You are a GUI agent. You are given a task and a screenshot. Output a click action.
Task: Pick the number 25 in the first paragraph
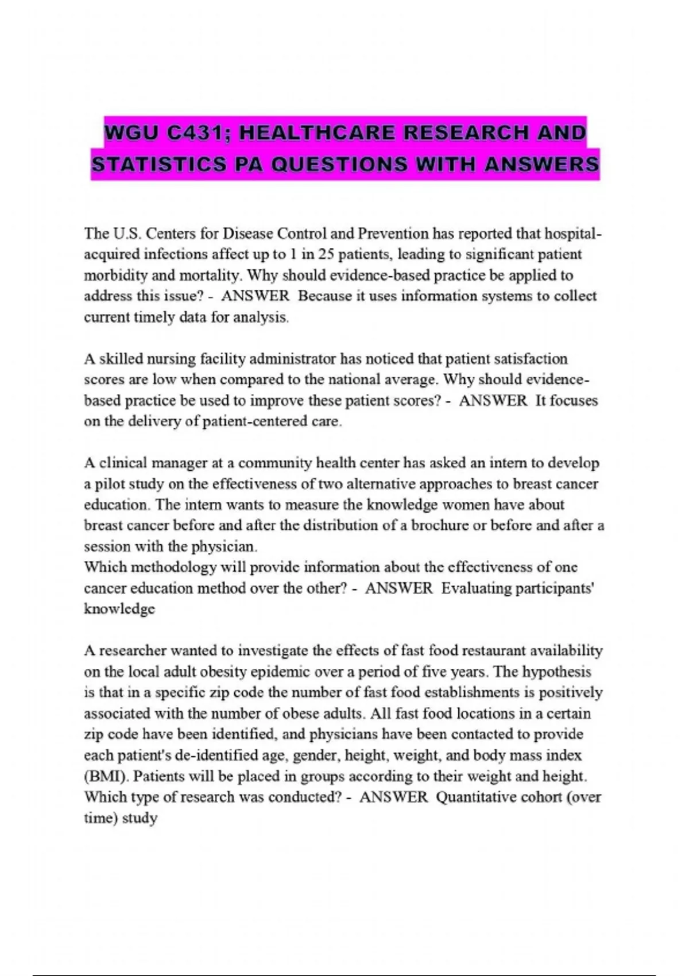[x=326, y=254]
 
